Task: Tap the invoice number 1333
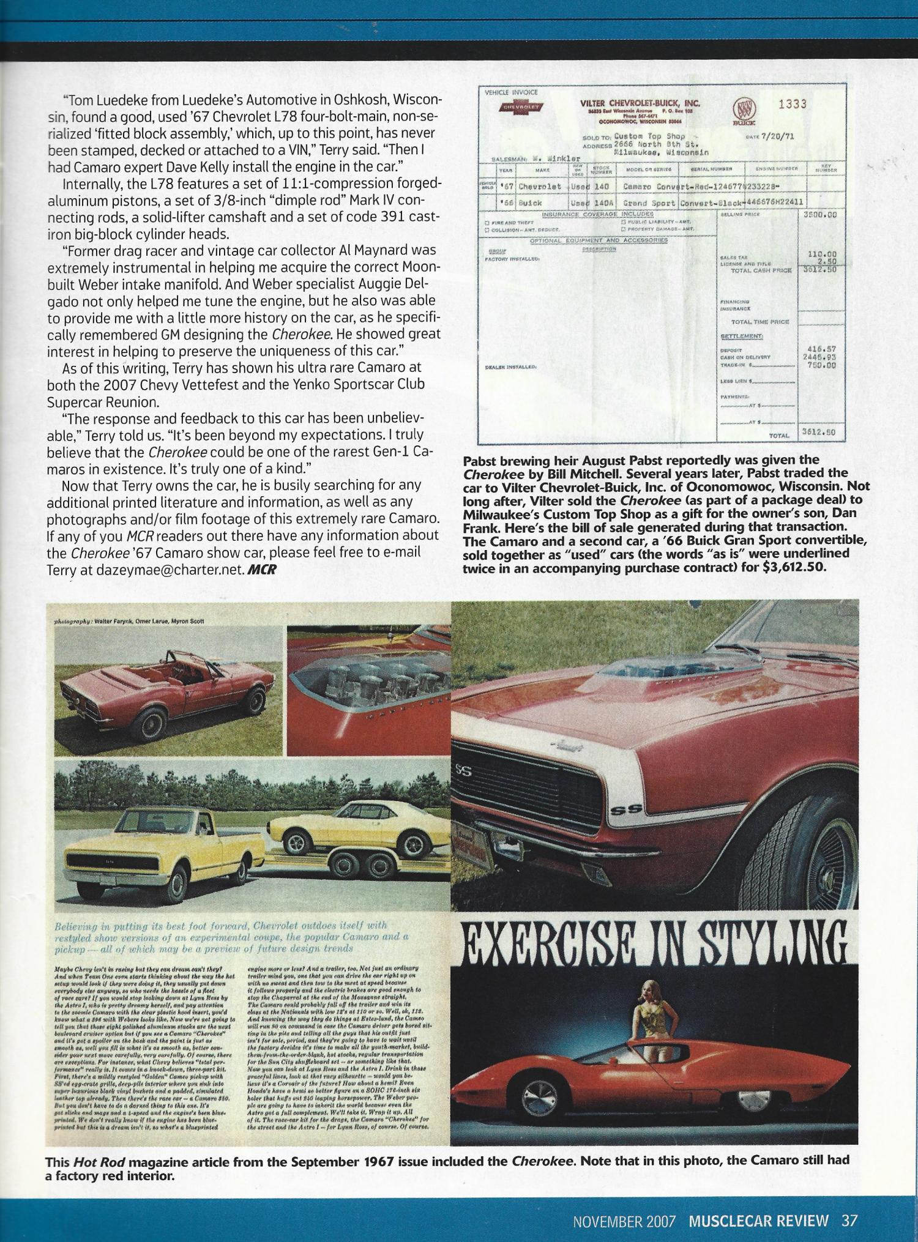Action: (792, 105)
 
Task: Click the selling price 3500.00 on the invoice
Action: (819, 215)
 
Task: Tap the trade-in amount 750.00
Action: (823, 365)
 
